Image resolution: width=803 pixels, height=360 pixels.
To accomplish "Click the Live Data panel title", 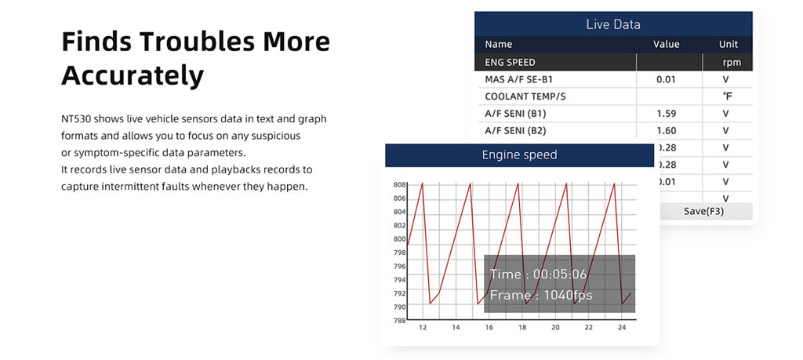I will [x=613, y=24].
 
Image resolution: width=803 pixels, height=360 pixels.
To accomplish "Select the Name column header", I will [x=498, y=45].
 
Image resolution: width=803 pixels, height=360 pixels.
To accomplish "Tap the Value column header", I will [x=666, y=45].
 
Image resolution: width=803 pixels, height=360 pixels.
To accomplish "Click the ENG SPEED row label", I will [x=510, y=62].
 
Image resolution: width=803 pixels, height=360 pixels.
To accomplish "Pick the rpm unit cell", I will [x=732, y=62].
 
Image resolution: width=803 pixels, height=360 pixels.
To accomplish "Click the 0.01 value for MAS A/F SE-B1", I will [x=666, y=79].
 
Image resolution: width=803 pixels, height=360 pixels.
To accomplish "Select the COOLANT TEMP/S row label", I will [x=525, y=96].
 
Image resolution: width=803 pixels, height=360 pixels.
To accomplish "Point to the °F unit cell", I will [x=727, y=96].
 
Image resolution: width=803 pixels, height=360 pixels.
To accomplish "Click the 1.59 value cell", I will [x=666, y=114].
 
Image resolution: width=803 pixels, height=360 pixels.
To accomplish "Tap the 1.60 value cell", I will [x=666, y=131].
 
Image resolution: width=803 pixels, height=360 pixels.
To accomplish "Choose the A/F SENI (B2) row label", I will [x=515, y=131].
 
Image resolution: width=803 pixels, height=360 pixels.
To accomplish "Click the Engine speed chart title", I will [x=519, y=155].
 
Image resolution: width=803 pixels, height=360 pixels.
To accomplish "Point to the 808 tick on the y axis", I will [x=399, y=185].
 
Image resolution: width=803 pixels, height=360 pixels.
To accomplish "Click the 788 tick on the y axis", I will [x=399, y=321].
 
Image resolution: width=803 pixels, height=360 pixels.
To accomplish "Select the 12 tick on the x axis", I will [x=423, y=327].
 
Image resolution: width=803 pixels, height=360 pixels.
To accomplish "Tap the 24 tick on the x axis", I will [x=622, y=327].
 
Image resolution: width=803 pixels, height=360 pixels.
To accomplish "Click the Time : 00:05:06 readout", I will [x=538, y=275].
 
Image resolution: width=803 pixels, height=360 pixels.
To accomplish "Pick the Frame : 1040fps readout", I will [x=541, y=296].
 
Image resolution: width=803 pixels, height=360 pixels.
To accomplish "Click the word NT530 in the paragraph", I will [x=77, y=119].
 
